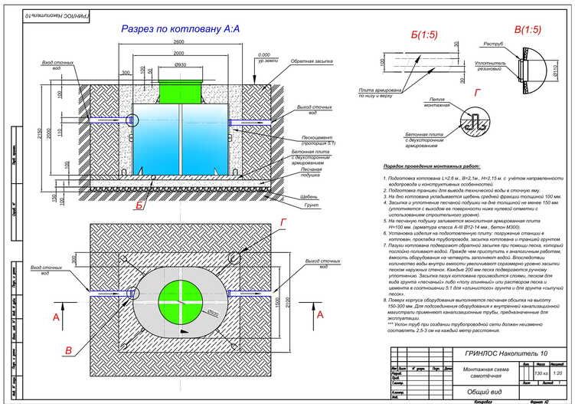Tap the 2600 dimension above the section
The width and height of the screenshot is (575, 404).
178,41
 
